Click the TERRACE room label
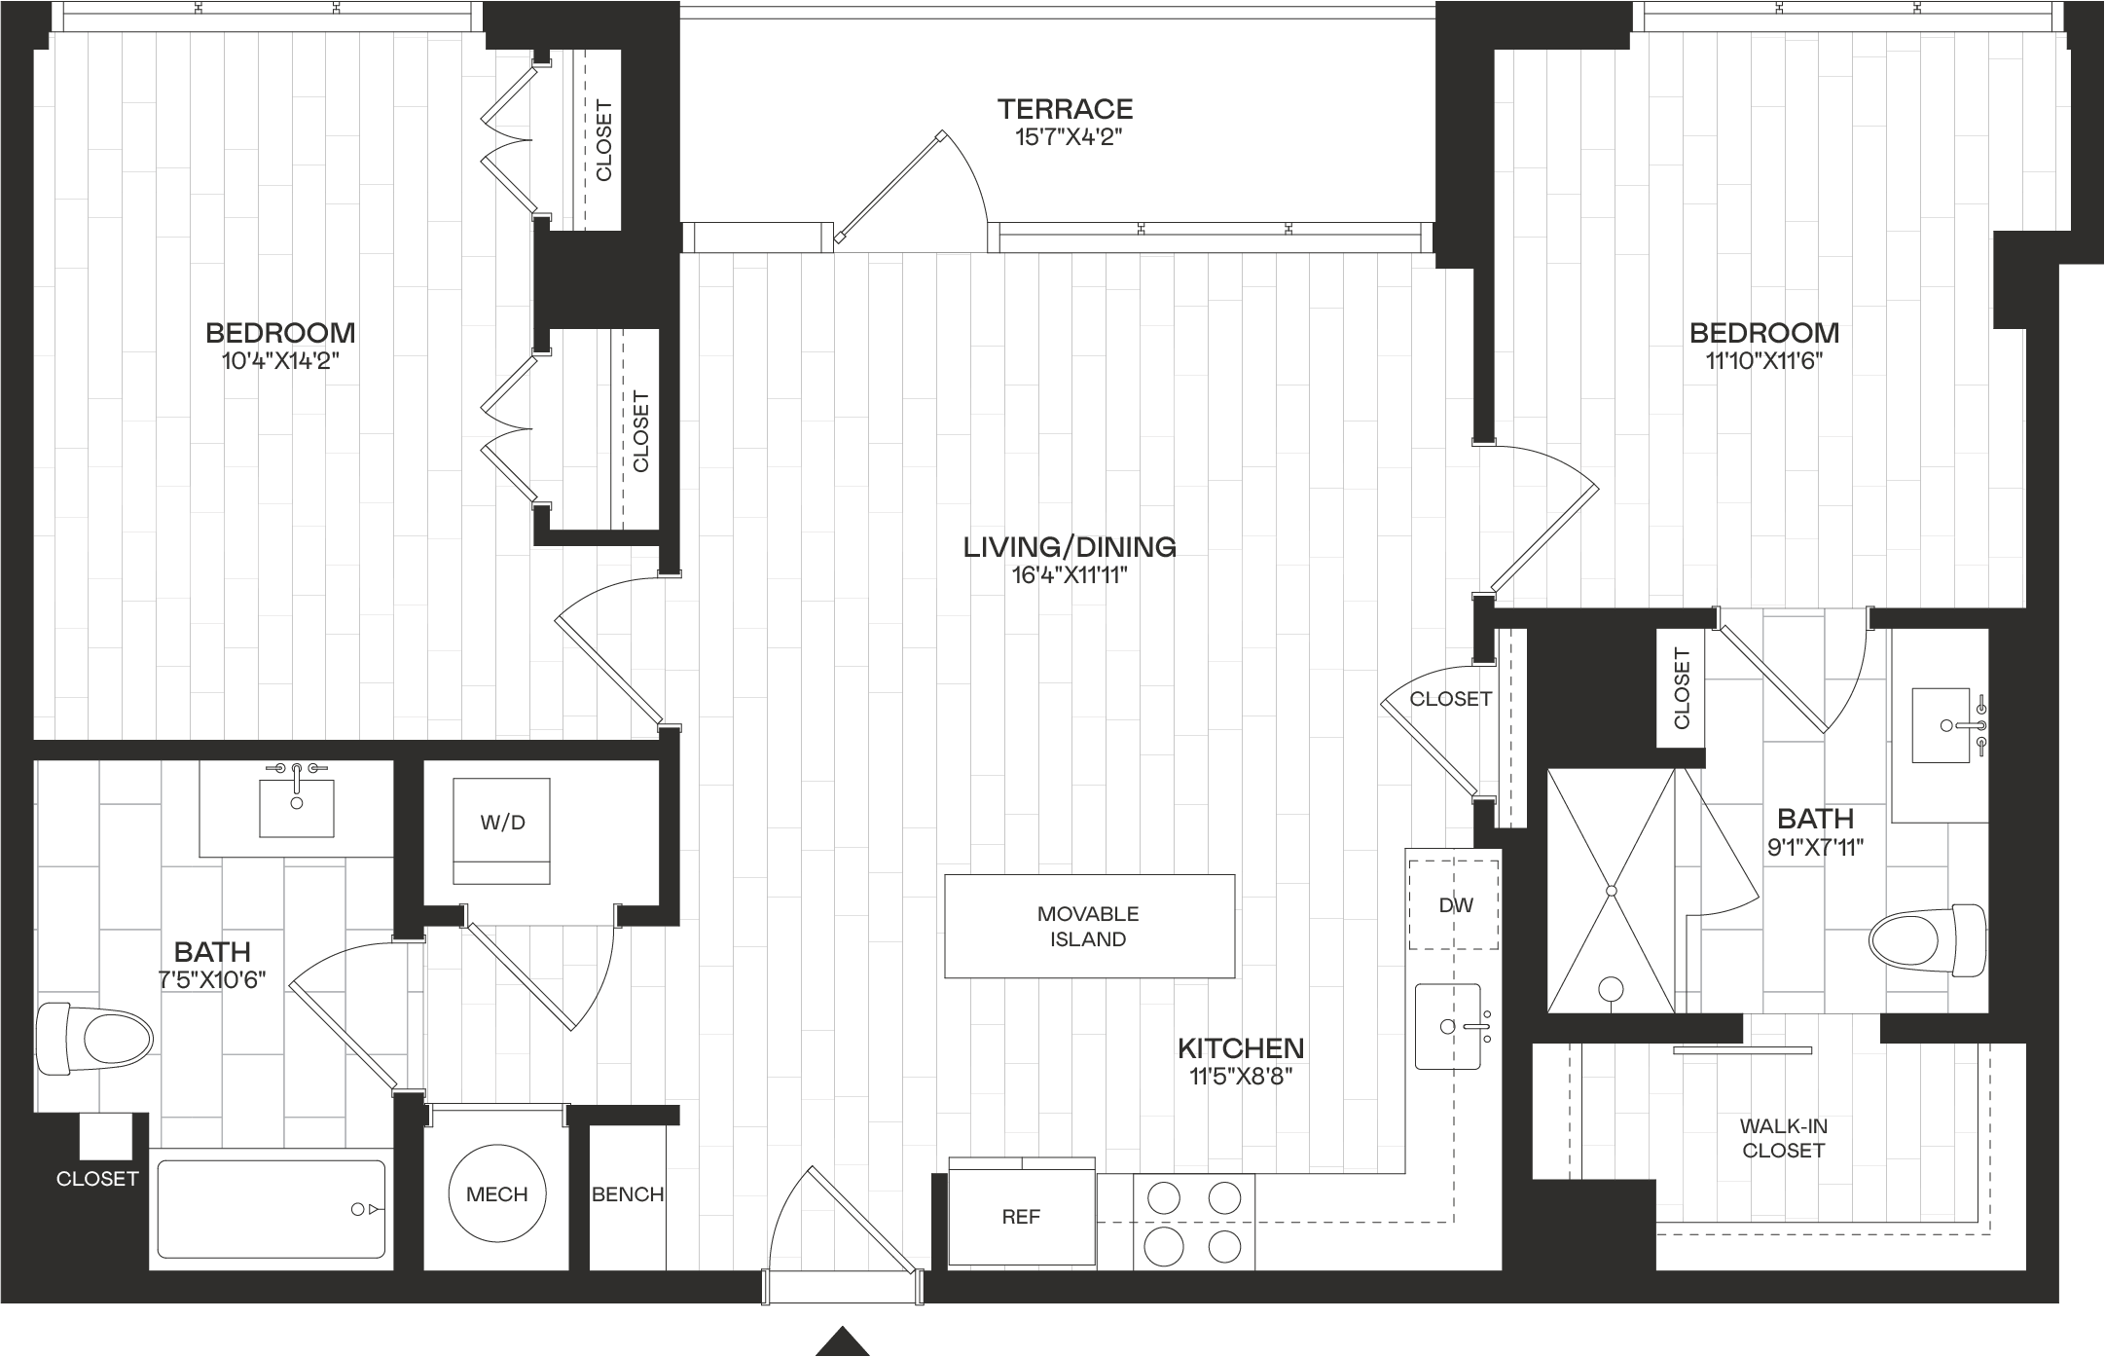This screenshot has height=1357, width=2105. [1066, 108]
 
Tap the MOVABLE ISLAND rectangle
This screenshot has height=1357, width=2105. [1089, 926]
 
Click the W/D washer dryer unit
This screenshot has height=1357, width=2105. [502, 830]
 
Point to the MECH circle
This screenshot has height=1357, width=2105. [497, 1193]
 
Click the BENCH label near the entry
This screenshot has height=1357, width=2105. [628, 1194]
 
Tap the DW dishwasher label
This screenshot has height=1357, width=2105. [1456, 905]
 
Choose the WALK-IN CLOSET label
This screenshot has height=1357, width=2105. [1784, 1138]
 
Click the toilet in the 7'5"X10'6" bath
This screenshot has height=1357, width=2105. [94, 1040]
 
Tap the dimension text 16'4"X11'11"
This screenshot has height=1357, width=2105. [1070, 575]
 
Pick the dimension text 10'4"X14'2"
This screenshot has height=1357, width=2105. [280, 361]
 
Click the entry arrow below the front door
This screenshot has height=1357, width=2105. [843, 1342]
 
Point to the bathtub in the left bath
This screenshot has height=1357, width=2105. [272, 1210]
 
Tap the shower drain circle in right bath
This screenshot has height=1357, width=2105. [1611, 990]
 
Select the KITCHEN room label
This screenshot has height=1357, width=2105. [1241, 1048]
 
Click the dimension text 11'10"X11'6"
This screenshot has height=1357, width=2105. [1764, 361]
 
